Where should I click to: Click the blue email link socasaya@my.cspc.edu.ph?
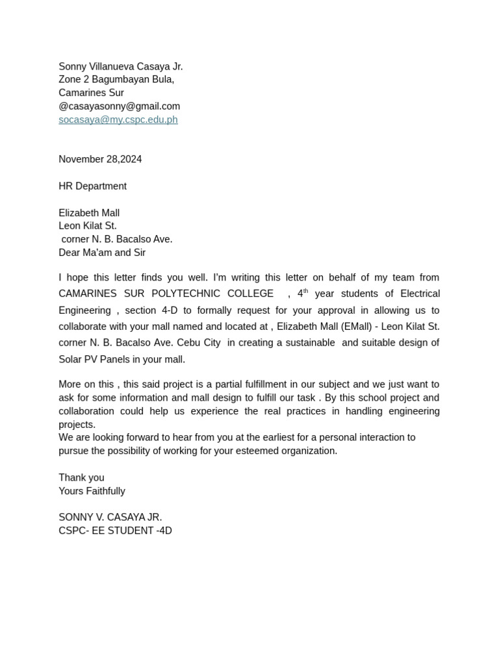[118, 119]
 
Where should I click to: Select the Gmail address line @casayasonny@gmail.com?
[119, 106]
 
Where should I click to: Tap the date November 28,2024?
[100, 159]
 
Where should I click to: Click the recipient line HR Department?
[92, 186]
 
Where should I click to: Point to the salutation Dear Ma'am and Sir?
[102, 253]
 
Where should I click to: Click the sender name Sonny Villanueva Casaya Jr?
[120, 66]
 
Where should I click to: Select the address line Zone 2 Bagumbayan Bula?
[116, 79]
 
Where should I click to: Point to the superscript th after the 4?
[305, 291]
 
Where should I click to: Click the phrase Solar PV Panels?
[94, 359]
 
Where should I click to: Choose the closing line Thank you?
[81, 477]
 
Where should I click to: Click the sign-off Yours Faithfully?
[92, 491]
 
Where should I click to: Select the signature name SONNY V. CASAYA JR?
[110, 517]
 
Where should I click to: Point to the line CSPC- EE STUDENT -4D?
[115, 531]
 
